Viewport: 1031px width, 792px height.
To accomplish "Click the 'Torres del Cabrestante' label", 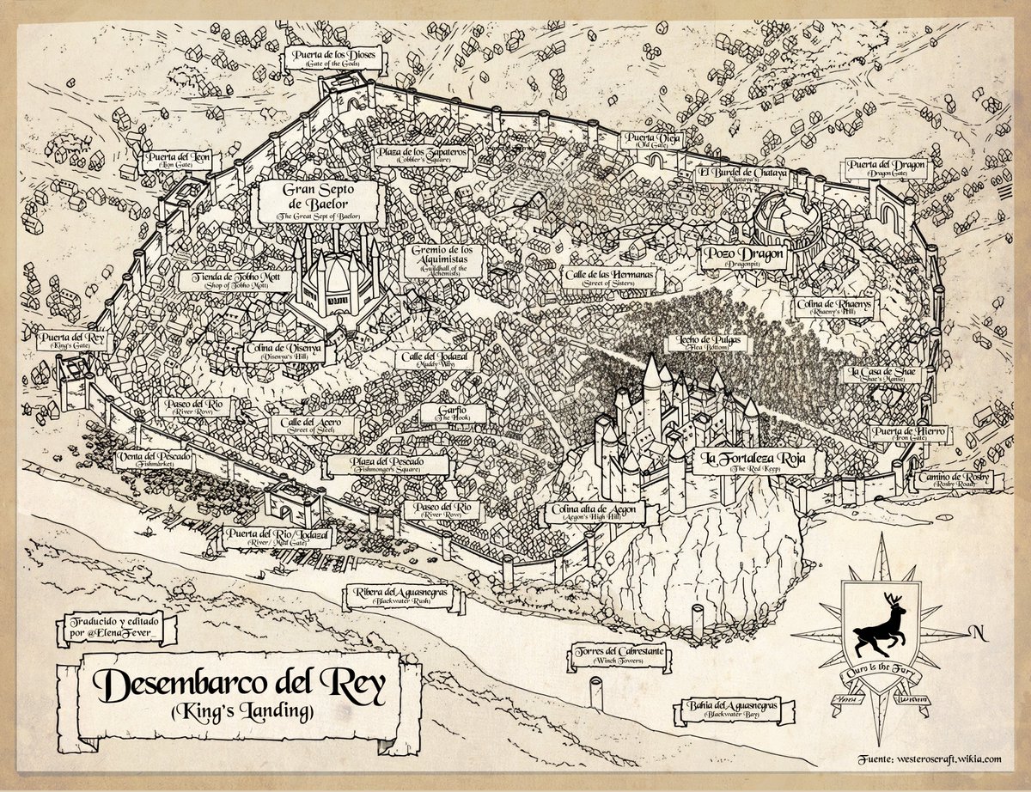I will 619,656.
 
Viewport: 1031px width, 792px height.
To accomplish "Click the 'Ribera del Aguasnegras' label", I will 400,595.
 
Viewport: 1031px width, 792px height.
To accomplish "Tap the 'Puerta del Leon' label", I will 180,161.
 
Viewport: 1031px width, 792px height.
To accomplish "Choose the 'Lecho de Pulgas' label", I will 691,343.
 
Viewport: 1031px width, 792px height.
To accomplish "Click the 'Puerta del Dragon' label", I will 886,167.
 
